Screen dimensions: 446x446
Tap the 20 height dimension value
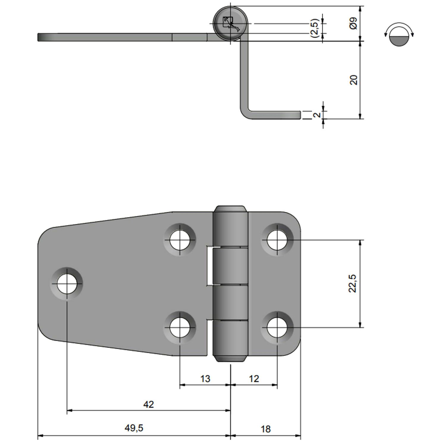click(x=353, y=80)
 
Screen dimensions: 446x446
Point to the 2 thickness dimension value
click(x=317, y=115)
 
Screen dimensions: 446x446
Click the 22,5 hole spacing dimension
click(x=352, y=283)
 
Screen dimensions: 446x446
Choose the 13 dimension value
click(x=205, y=379)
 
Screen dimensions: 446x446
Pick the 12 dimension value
click(x=254, y=379)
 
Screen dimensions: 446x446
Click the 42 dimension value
click(x=148, y=404)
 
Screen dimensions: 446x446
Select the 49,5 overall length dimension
click(x=134, y=428)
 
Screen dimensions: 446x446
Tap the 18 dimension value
click(x=266, y=429)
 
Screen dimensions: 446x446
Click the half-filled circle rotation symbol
click(x=399, y=34)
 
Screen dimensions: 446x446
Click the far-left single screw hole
click(x=67, y=283)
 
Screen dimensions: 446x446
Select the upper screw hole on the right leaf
click(x=277, y=240)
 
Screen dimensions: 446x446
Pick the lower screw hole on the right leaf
click(x=277, y=328)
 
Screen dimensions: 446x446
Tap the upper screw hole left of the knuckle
click(x=180, y=240)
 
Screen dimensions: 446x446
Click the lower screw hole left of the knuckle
click(x=180, y=328)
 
